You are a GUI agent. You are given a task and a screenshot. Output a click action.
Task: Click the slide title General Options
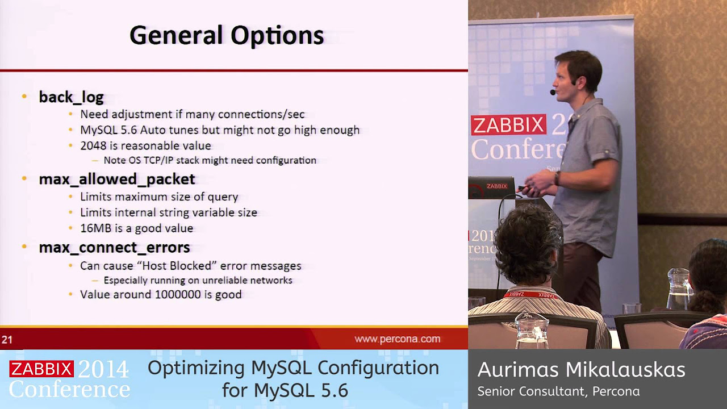pyautogui.click(x=227, y=35)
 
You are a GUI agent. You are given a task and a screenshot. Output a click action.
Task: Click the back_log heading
pyautogui.click(x=71, y=97)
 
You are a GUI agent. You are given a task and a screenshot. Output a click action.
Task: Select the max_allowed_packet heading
pyautogui.click(x=117, y=179)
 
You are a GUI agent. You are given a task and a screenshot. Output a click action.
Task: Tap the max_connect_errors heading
pyautogui.click(x=114, y=248)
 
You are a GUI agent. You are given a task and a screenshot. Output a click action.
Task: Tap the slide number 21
pyautogui.click(x=7, y=340)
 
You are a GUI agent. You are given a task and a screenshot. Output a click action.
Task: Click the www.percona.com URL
pyautogui.click(x=397, y=339)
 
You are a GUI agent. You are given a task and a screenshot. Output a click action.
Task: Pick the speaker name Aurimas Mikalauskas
pyautogui.click(x=581, y=370)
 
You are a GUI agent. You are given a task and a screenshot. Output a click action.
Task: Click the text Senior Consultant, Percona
pyautogui.click(x=558, y=391)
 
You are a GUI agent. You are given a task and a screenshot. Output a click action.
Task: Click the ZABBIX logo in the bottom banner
pyautogui.click(x=41, y=369)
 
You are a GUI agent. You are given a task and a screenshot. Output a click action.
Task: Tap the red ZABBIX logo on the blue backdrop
pyautogui.click(x=508, y=125)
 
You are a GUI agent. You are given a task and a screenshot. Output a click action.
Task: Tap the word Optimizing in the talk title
pyautogui.click(x=197, y=368)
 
